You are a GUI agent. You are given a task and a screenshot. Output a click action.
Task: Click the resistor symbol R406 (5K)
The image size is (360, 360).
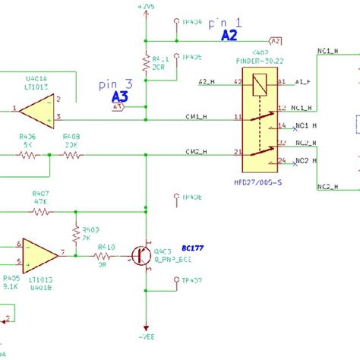pos(29,155)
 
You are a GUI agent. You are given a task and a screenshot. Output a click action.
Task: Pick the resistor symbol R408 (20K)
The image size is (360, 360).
pos(72,155)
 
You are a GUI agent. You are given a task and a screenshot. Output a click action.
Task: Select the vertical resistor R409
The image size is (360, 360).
pos(76,232)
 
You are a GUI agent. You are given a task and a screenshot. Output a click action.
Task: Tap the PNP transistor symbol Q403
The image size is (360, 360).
pos(141,256)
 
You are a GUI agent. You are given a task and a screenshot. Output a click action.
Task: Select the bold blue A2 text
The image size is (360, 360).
pos(229,35)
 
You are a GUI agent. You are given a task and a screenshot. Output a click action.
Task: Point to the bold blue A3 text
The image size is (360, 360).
pos(120,96)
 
